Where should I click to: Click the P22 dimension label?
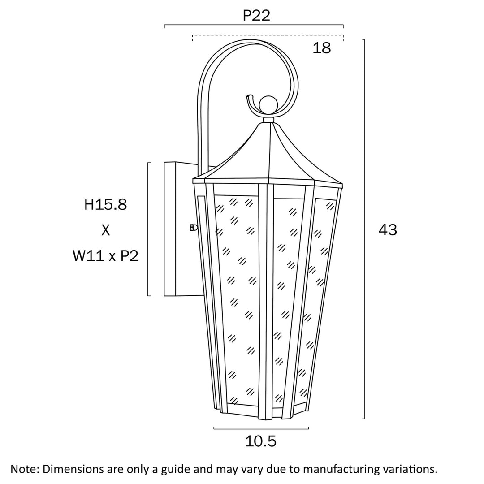click(256, 15)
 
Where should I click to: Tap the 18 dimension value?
click(322, 48)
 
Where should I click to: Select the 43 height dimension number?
click(388, 230)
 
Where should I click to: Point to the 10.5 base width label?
click(260, 441)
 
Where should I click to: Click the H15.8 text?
click(106, 204)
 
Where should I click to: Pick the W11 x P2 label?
click(105, 256)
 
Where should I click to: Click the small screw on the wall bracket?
click(193, 228)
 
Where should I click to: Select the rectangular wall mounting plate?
click(170, 229)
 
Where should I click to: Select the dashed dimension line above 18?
click(268, 35)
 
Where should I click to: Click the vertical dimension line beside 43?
click(364, 229)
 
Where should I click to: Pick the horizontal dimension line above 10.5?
click(261, 428)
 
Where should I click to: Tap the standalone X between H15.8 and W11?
click(106, 230)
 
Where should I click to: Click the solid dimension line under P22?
click(254, 25)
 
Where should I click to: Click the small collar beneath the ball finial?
click(268, 120)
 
